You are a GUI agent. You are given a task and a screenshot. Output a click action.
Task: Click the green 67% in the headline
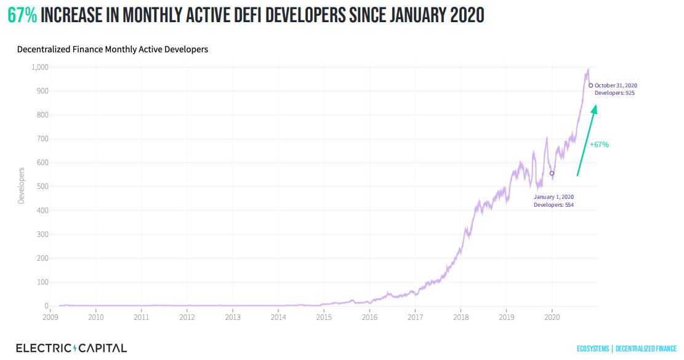tap(22, 15)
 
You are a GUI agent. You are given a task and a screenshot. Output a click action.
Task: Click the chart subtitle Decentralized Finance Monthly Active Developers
tap(113, 49)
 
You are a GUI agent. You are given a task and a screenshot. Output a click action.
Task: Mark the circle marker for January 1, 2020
tap(552, 174)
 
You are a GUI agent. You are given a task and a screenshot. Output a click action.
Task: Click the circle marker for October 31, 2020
tap(591, 86)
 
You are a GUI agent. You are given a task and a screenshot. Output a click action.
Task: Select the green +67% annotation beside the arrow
tap(599, 145)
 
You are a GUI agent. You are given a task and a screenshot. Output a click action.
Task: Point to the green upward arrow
tap(586, 141)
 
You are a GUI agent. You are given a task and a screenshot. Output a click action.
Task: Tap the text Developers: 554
tap(553, 205)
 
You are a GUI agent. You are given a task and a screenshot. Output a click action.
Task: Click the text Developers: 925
tap(614, 93)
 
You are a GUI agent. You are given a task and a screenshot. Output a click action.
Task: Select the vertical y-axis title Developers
tap(21, 185)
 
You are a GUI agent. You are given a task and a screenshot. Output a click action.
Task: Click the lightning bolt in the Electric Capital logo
tap(75, 348)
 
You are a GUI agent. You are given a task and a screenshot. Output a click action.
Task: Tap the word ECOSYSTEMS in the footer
tap(592, 349)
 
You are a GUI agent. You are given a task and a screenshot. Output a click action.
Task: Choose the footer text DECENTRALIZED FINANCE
tap(646, 349)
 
